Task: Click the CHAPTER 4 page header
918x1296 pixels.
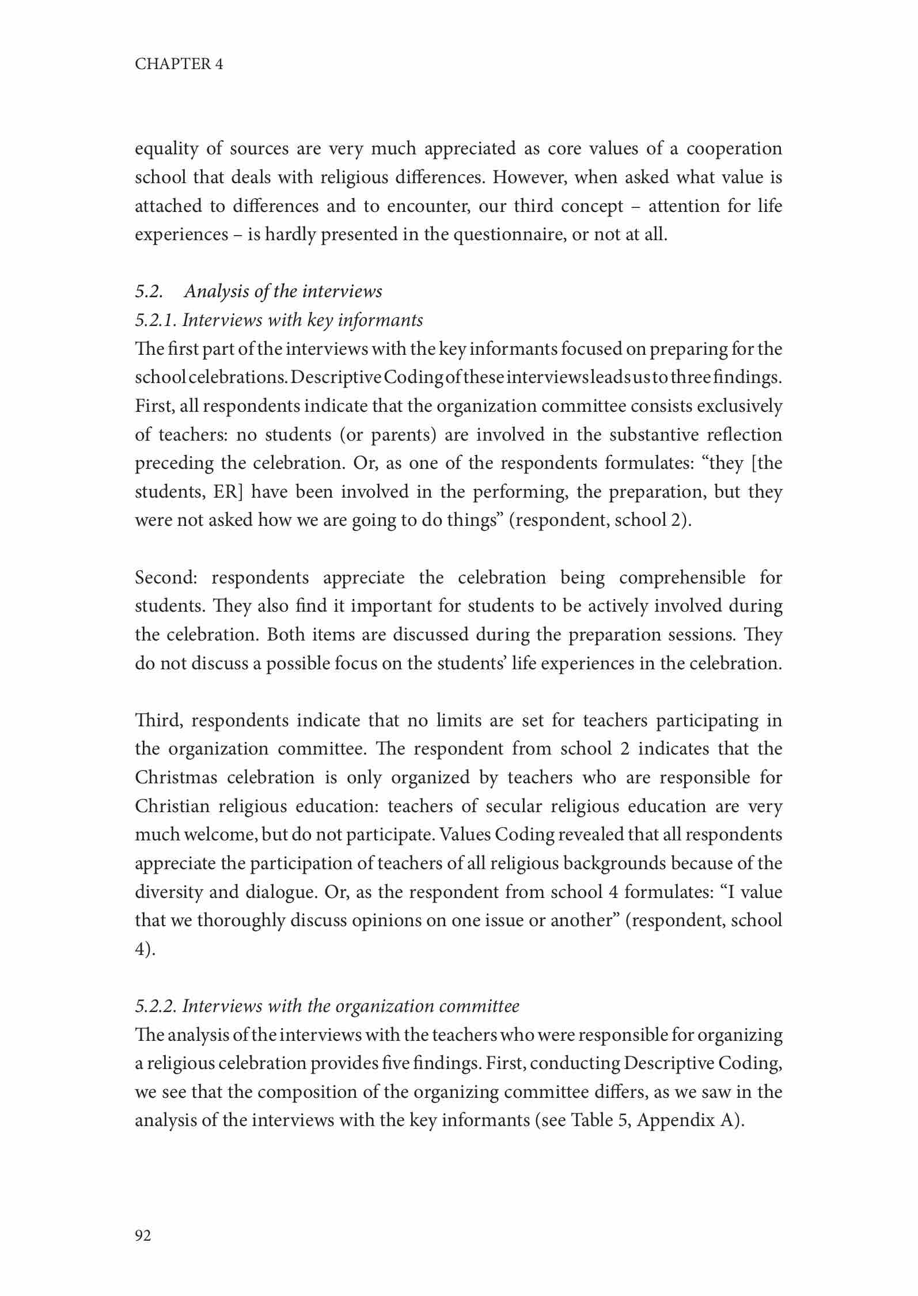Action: (x=179, y=64)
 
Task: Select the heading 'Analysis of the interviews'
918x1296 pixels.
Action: (x=283, y=291)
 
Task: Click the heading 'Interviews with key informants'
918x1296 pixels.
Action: (x=302, y=320)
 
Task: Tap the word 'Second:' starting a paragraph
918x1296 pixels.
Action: (x=166, y=578)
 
